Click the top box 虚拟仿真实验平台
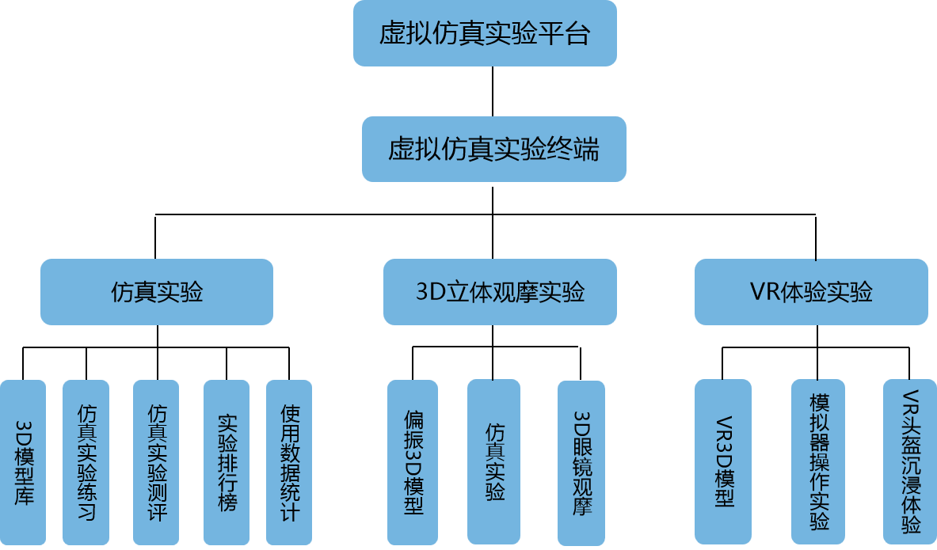click(x=485, y=33)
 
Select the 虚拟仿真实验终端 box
click(x=493, y=149)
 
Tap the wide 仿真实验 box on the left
click(x=157, y=292)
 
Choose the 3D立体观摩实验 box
click(x=500, y=292)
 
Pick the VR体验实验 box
click(x=811, y=292)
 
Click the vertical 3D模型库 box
click(x=23, y=463)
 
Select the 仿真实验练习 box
click(x=86, y=463)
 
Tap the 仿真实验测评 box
click(x=156, y=463)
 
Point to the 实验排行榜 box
click(x=227, y=463)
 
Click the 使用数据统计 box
click(x=289, y=463)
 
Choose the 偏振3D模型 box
click(x=413, y=463)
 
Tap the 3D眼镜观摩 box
click(x=581, y=463)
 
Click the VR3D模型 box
click(x=722, y=461)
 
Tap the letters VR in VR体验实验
click(x=764, y=292)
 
